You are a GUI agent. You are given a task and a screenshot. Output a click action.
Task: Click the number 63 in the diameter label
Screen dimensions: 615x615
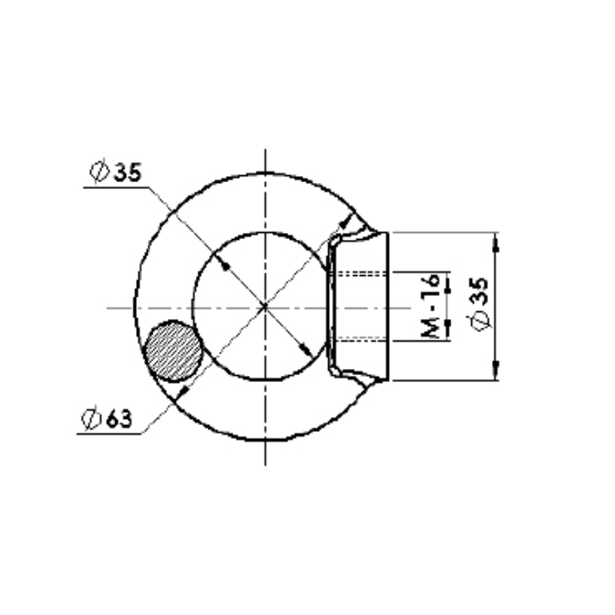(x=119, y=419)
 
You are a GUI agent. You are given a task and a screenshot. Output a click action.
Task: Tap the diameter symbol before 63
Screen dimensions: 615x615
(x=91, y=419)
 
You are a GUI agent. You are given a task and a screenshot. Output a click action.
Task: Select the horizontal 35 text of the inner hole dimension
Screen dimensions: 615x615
(x=127, y=172)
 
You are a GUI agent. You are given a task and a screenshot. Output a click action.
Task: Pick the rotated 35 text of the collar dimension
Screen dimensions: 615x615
(x=479, y=291)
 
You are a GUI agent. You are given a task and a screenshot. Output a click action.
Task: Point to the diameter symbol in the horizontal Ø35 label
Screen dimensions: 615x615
(x=99, y=171)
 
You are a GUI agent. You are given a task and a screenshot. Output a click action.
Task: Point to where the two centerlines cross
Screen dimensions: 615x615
(x=265, y=307)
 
